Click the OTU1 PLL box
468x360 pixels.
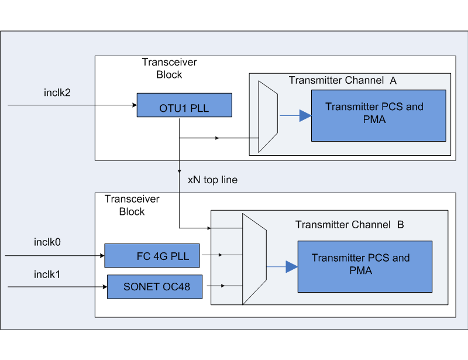point(184,105)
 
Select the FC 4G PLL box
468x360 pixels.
point(152,255)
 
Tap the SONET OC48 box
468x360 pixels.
point(154,287)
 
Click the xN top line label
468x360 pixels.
point(212,180)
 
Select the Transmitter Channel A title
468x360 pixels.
point(343,80)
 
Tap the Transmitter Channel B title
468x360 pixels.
point(349,225)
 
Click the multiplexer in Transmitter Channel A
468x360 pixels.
point(268,116)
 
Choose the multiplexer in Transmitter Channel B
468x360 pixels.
point(254,259)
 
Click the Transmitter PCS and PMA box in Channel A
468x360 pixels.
point(378,115)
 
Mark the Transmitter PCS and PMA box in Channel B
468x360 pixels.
point(364,266)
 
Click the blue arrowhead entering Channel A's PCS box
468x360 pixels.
point(305,116)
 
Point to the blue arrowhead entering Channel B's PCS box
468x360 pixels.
point(291,267)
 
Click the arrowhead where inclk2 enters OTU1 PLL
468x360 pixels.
point(133,105)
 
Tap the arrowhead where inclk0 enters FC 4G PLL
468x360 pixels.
point(101,255)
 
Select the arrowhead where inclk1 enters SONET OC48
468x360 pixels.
point(104,287)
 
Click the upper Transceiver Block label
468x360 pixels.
point(169,68)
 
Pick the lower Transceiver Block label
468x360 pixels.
point(132,205)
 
